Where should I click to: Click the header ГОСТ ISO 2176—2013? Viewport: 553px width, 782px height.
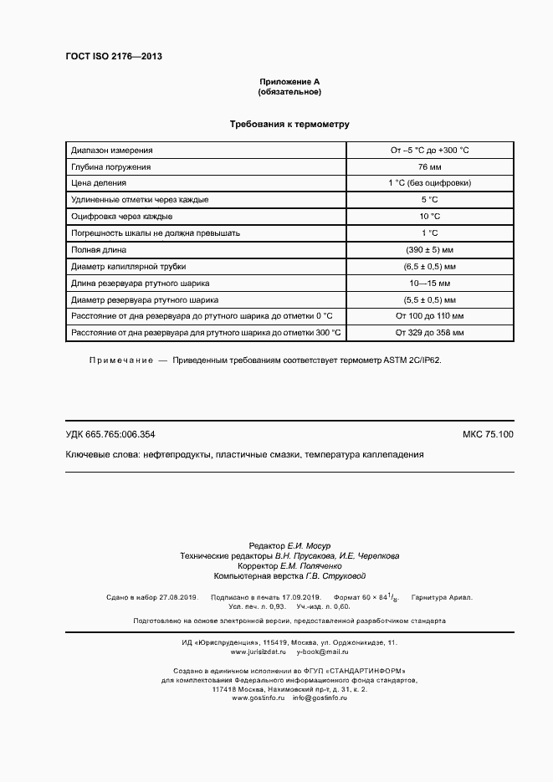pos(114,56)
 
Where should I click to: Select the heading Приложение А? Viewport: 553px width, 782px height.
pos(289,81)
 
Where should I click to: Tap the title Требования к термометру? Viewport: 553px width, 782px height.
pos(289,125)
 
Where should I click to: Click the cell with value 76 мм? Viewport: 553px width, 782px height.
pos(429,166)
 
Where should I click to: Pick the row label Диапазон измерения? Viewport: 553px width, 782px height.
pos(112,151)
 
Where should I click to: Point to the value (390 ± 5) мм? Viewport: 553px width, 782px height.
pos(429,249)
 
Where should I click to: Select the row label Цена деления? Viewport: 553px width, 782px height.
pos(100,183)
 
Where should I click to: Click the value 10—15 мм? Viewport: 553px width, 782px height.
pos(429,283)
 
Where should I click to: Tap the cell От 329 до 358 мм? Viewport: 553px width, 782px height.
pos(429,332)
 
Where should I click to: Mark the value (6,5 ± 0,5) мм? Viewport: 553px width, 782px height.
pos(429,266)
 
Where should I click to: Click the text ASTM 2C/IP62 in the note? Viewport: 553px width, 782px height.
pos(412,359)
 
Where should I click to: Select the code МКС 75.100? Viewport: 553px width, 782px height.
pos(488,434)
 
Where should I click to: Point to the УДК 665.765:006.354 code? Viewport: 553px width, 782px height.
pos(110,434)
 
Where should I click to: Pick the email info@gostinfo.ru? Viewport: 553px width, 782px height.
pos(320,698)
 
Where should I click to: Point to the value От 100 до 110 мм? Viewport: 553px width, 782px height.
pos(429,315)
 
